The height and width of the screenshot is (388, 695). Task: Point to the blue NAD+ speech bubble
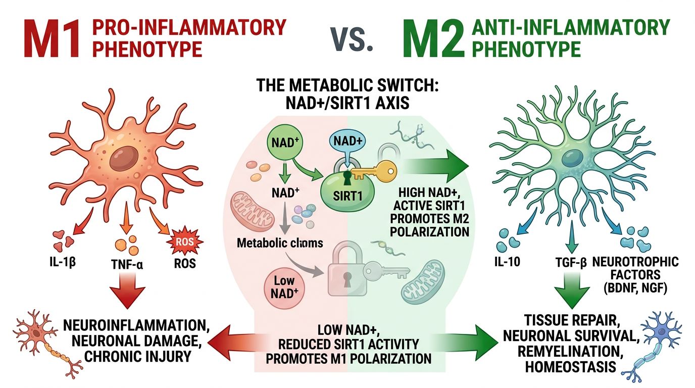pos(346,142)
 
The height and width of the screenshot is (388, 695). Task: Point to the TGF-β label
pos(569,263)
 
